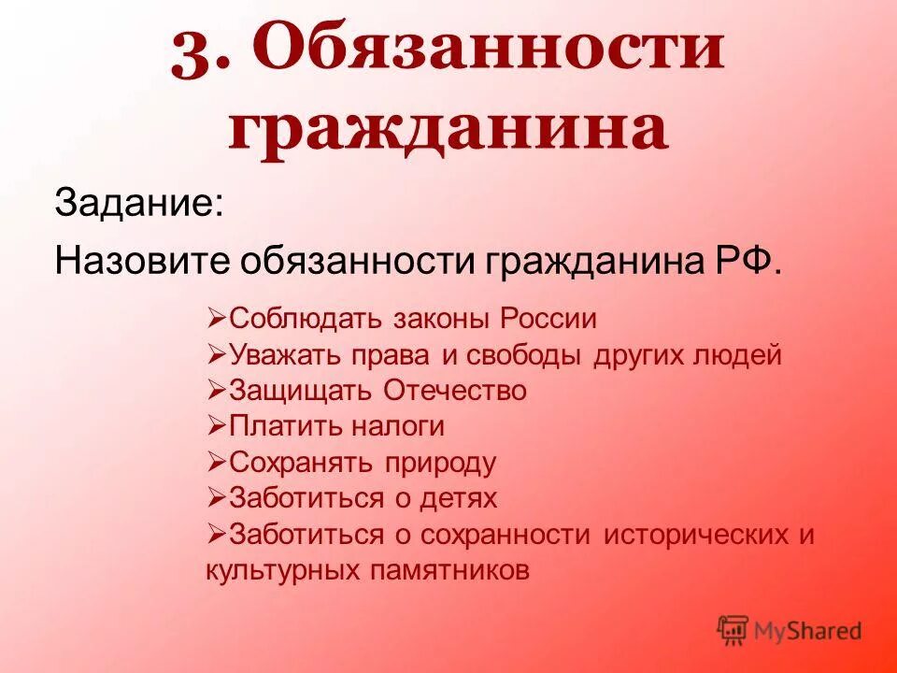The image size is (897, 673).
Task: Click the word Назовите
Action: point(140,260)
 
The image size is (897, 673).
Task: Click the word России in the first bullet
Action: point(548,319)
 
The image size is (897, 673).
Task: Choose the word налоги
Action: point(398,426)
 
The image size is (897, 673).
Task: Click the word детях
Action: point(458,498)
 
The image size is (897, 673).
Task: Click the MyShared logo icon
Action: point(733,629)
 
